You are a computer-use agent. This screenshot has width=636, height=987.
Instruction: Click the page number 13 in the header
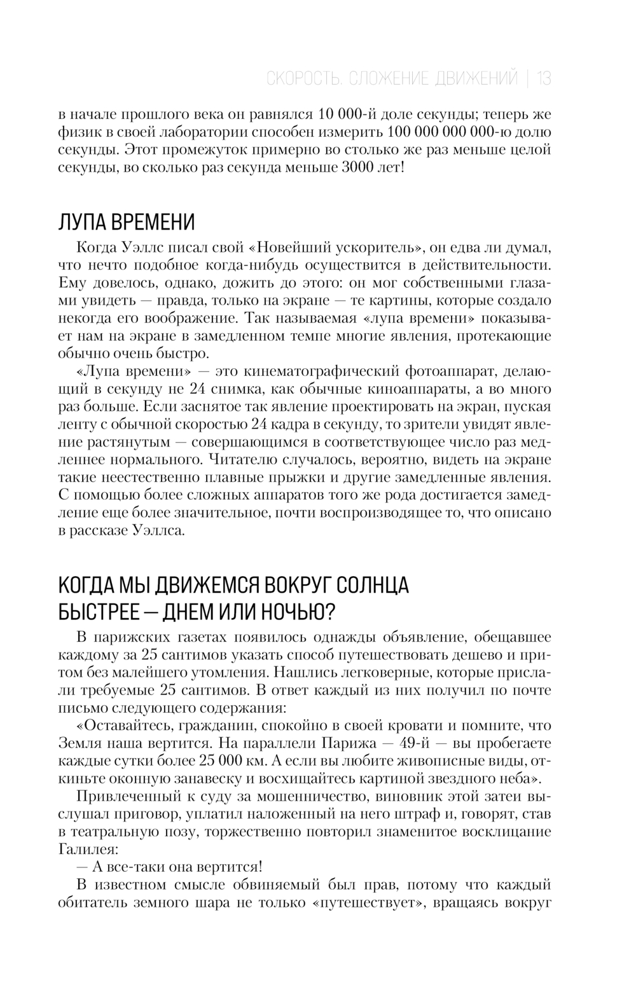click(544, 79)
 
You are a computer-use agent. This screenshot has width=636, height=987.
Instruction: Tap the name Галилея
click(88, 849)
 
